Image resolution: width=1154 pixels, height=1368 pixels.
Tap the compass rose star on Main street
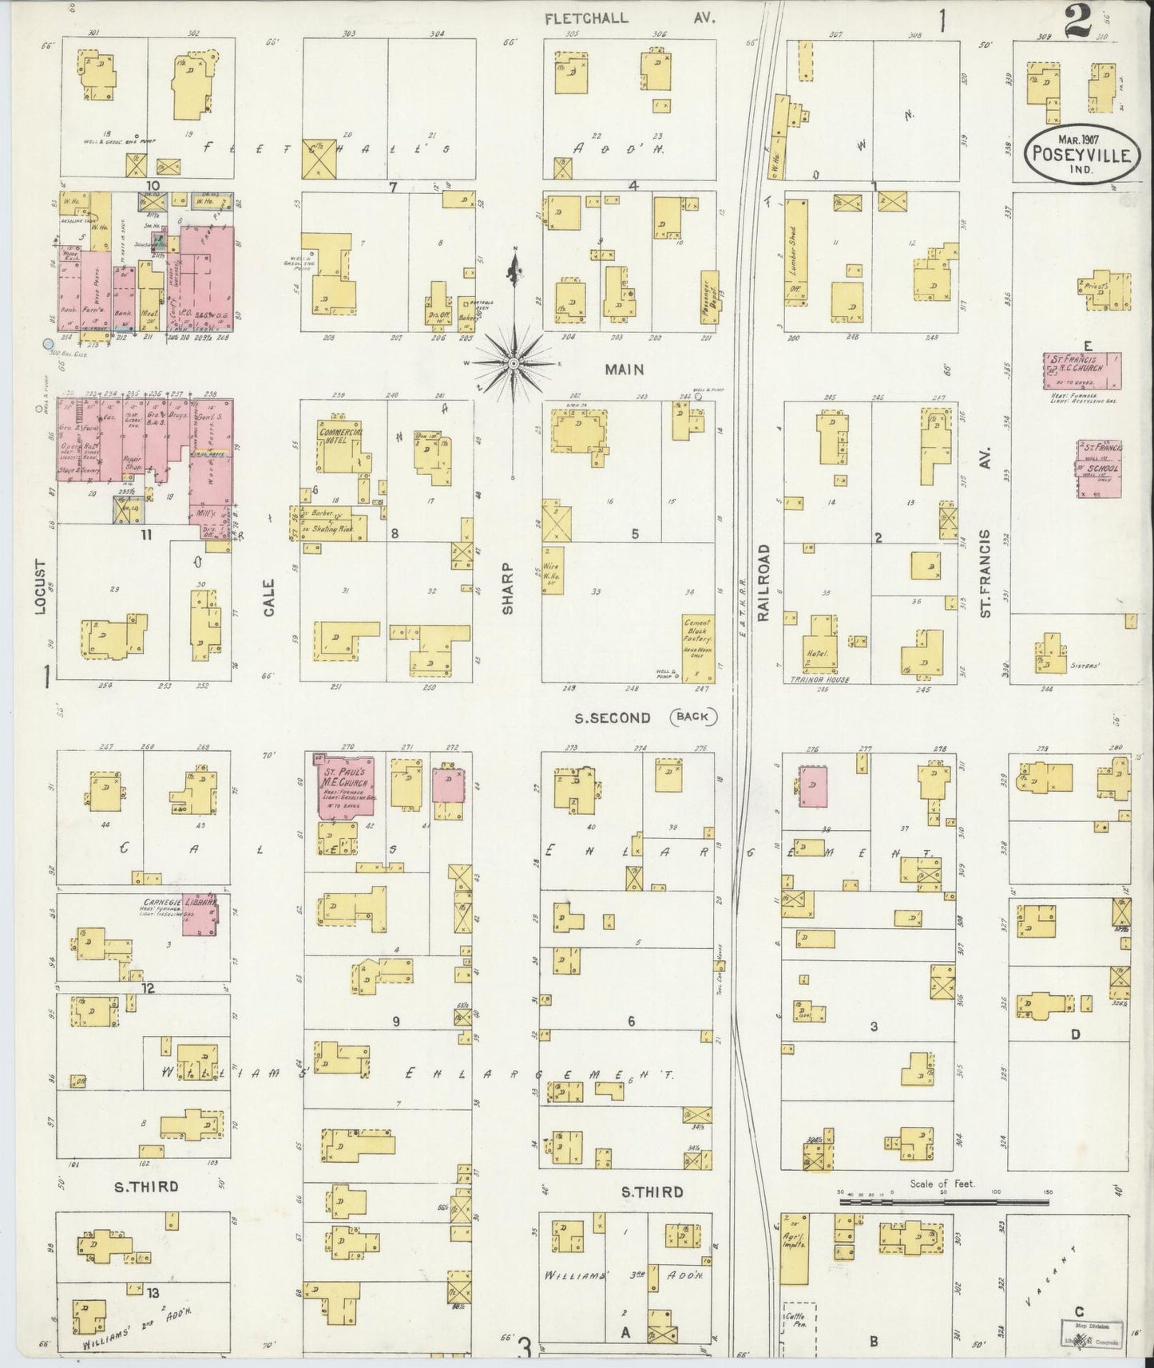[514, 364]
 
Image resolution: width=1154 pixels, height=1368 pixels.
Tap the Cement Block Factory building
[696, 648]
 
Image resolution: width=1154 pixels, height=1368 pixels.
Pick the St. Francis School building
[1099, 468]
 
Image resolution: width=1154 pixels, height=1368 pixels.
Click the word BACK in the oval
[692, 717]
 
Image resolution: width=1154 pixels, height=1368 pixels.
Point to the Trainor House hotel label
[818, 680]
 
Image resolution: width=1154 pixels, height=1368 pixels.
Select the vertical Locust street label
[41, 587]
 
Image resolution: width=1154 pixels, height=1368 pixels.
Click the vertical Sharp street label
[508, 590]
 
